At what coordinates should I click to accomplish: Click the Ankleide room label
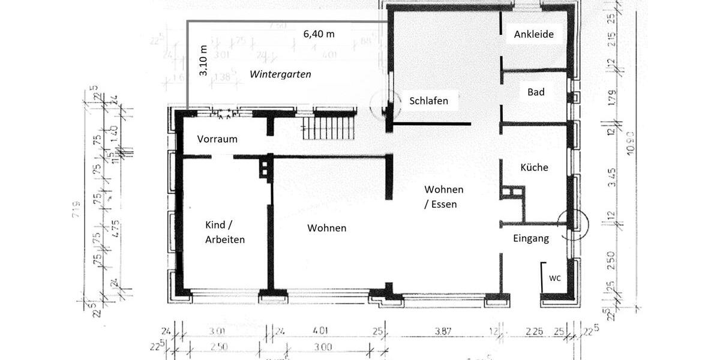(x=533, y=35)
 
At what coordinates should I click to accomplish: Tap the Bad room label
(x=536, y=92)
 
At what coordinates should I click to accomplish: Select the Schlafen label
(x=428, y=101)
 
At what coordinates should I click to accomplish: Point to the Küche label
(x=534, y=167)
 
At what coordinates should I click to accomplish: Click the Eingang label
(x=531, y=238)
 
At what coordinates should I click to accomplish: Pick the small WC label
(x=555, y=278)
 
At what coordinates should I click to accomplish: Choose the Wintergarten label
(x=281, y=74)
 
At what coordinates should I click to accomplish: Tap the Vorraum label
(x=217, y=139)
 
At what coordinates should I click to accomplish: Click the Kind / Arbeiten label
(x=225, y=232)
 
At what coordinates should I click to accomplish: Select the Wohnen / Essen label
(x=443, y=197)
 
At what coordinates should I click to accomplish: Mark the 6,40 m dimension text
(x=319, y=34)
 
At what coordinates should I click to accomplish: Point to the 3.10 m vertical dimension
(x=203, y=61)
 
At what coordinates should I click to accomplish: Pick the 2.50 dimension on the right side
(x=611, y=261)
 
